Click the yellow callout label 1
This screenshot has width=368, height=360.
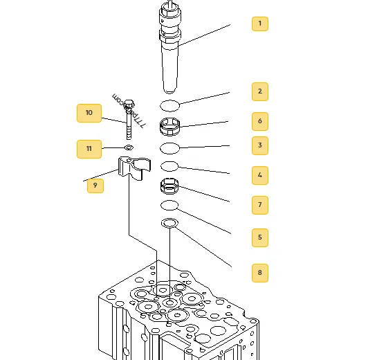click(260, 24)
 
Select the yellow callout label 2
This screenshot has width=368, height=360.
click(260, 91)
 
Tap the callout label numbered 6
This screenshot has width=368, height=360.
click(260, 121)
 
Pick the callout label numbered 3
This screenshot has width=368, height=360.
click(260, 145)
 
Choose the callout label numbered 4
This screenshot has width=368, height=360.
click(260, 175)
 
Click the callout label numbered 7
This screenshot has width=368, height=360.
click(260, 205)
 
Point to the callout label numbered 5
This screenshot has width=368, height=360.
click(260, 237)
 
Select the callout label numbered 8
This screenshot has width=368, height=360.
click(260, 273)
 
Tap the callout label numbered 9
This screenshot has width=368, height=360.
click(95, 186)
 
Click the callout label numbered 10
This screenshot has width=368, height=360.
click(89, 113)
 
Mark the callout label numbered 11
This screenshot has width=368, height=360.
click(89, 149)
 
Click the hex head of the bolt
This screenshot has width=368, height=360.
click(129, 105)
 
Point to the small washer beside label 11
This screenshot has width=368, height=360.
click(129, 147)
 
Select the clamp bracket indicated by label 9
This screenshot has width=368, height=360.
click(134, 168)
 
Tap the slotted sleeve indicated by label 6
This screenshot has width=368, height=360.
click(170, 127)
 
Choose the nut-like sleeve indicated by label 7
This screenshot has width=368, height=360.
click(169, 186)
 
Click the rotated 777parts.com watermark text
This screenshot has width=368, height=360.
click(129, 111)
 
